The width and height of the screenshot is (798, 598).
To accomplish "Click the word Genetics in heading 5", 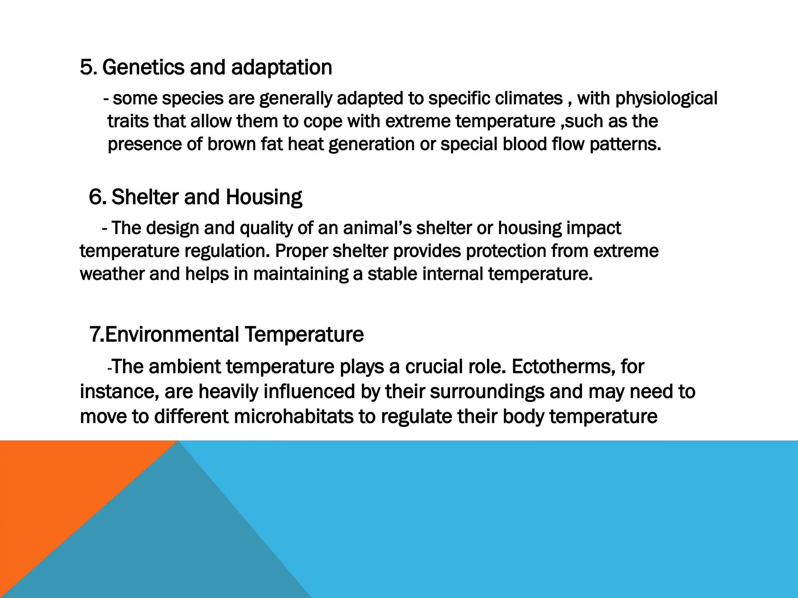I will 144,68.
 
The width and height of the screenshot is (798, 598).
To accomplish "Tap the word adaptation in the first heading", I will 281,68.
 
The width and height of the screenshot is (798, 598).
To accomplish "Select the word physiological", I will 666,98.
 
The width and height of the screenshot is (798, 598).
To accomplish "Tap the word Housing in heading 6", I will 263,197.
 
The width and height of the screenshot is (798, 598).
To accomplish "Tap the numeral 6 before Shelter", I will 95,197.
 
